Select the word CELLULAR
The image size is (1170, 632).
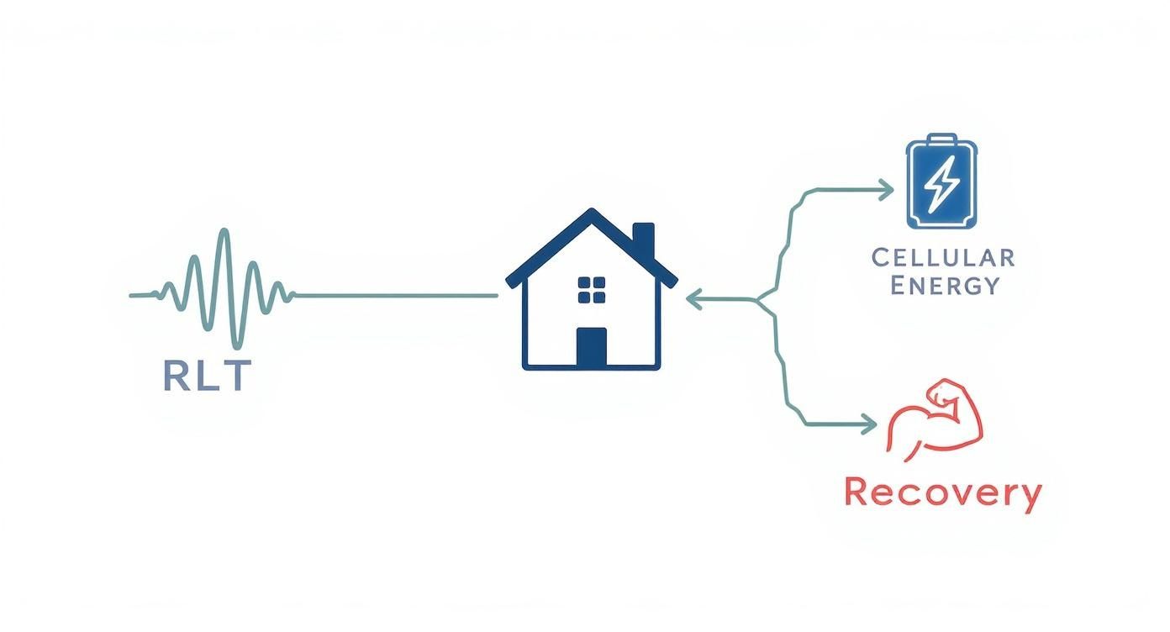[942, 256]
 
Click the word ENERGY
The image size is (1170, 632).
[943, 285]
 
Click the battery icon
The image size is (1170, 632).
[942, 182]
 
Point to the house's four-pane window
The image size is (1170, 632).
[592, 289]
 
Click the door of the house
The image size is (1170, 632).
[591, 347]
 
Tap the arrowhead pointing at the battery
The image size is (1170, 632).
[887, 190]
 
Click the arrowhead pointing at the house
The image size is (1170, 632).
[693, 298]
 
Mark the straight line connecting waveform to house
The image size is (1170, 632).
[395, 296]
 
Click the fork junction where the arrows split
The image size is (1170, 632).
[761, 299]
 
